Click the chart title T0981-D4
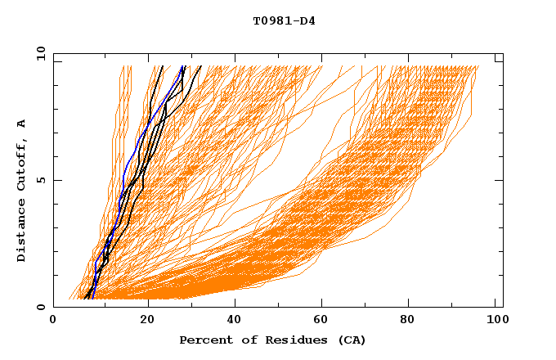(284, 21)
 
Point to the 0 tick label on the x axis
(53, 321)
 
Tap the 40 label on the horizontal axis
(233, 321)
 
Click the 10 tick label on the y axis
(39, 53)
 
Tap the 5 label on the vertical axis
(43, 180)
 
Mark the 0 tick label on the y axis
(43, 307)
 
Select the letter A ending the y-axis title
(22, 124)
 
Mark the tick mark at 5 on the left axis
(56, 180)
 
